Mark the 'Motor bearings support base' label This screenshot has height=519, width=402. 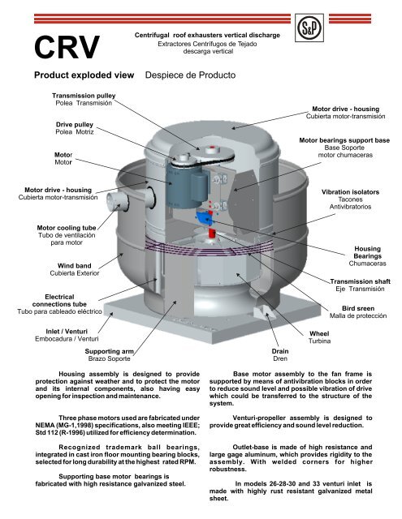click(344, 140)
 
